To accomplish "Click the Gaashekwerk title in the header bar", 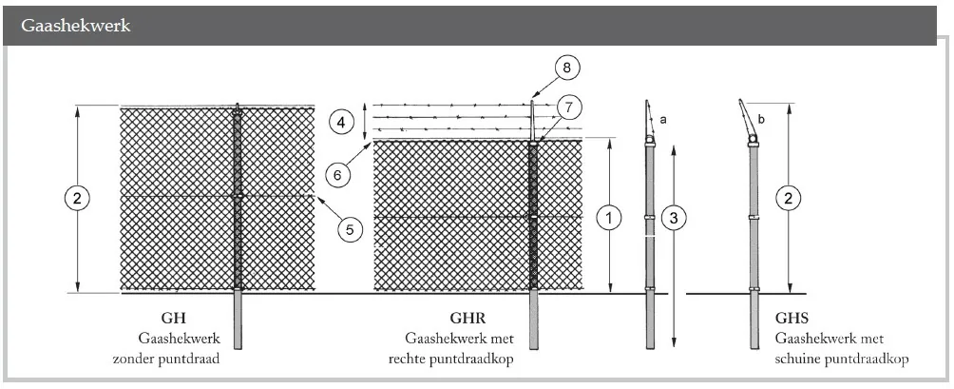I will click(x=75, y=26).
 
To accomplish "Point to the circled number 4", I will click(x=341, y=121).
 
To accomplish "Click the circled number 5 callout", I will click(x=349, y=228).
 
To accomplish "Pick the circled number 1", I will click(x=609, y=218).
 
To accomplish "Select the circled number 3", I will click(x=673, y=218).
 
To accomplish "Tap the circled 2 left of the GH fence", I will click(x=77, y=198).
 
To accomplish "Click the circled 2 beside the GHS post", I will click(x=787, y=198).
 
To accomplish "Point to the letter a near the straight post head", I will click(x=663, y=120).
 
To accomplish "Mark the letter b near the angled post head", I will click(x=761, y=122).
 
